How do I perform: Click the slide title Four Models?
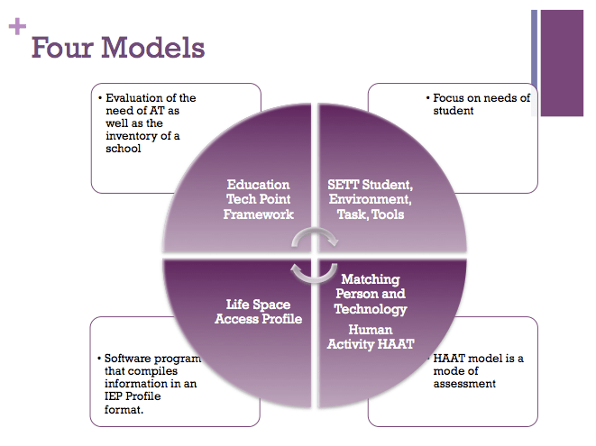(118, 47)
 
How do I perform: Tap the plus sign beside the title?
(16, 26)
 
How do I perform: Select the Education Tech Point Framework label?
(259, 199)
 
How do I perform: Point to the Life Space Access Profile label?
(258, 311)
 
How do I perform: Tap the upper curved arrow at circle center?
(315, 237)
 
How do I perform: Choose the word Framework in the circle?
(259, 214)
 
